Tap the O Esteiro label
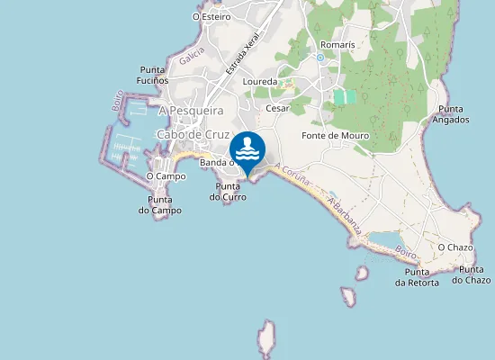pos(211,16)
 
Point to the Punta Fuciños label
pos(154,76)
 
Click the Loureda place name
pos(260,81)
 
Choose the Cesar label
pos(277,108)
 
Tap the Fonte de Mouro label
pos(336,136)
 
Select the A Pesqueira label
pos(190,111)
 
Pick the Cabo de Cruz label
pos(193,134)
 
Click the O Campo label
pos(166,176)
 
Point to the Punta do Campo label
pos(159,205)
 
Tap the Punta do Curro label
pos(228,192)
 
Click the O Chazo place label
pos(455,247)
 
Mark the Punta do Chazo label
pos(472,274)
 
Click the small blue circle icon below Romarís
pos(319,58)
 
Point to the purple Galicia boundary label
pos(192,56)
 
